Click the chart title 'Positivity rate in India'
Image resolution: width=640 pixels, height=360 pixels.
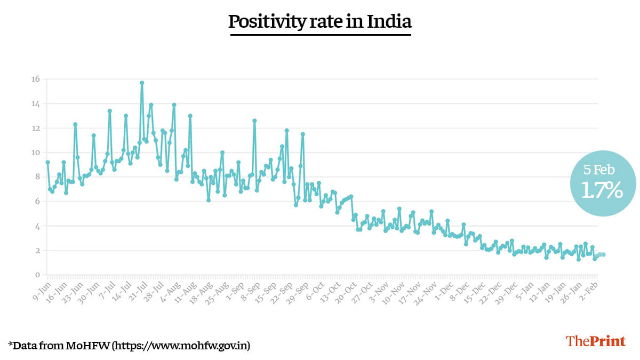click(x=320, y=22)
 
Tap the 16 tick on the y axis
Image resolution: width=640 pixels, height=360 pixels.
click(x=35, y=79)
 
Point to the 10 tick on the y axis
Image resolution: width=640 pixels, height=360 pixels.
click(x=35, y=153)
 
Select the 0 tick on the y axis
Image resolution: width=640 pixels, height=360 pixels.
click(x=37, y=275)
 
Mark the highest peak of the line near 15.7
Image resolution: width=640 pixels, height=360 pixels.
click(x=142, y=83)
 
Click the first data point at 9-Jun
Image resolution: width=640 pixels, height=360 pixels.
click(x=47, y=162)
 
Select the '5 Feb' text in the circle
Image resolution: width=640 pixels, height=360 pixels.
click(x=599, y=170)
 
